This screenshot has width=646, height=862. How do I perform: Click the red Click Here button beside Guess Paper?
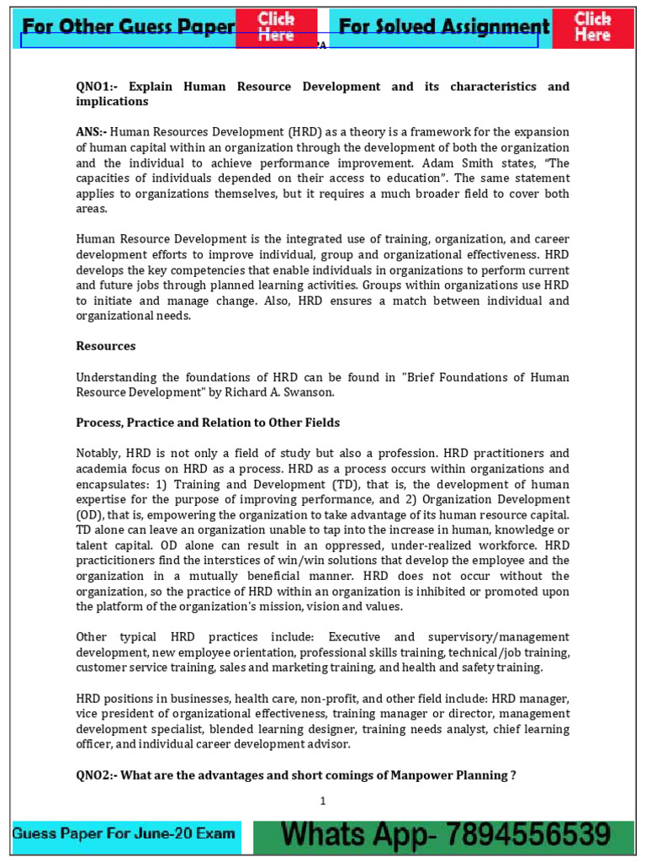click(x=276, y=27)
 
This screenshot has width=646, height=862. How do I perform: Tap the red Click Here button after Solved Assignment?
click(x=592, y=27)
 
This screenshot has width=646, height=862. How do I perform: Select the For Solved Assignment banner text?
click(x=439, y=28)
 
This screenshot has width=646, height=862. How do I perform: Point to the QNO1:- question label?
click(x=98, y=87)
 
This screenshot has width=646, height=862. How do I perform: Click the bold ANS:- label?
click(x=92, y=132)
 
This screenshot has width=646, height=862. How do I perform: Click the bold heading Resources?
click(x=106, y=346)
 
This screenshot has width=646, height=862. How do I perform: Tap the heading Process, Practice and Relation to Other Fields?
click(x=208, y=423)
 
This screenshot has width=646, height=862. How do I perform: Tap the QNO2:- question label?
click(x=97, y=775)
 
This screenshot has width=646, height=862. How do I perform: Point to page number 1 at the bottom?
click(x=322, y=801)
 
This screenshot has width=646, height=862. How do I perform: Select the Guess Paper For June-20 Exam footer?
click(x=124, y=835)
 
